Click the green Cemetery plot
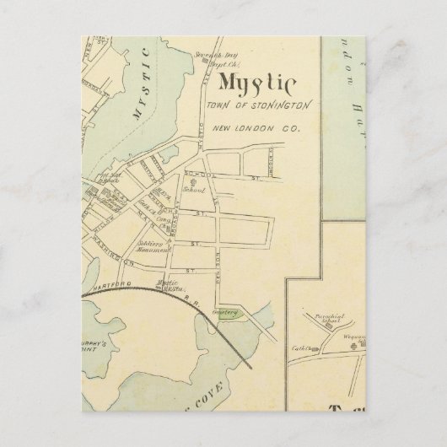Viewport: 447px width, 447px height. (228, 314)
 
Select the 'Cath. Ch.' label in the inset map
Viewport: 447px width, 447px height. (302, 347)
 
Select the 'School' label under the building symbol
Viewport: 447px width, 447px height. (197, 191)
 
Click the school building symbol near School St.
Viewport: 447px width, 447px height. (194, 181)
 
